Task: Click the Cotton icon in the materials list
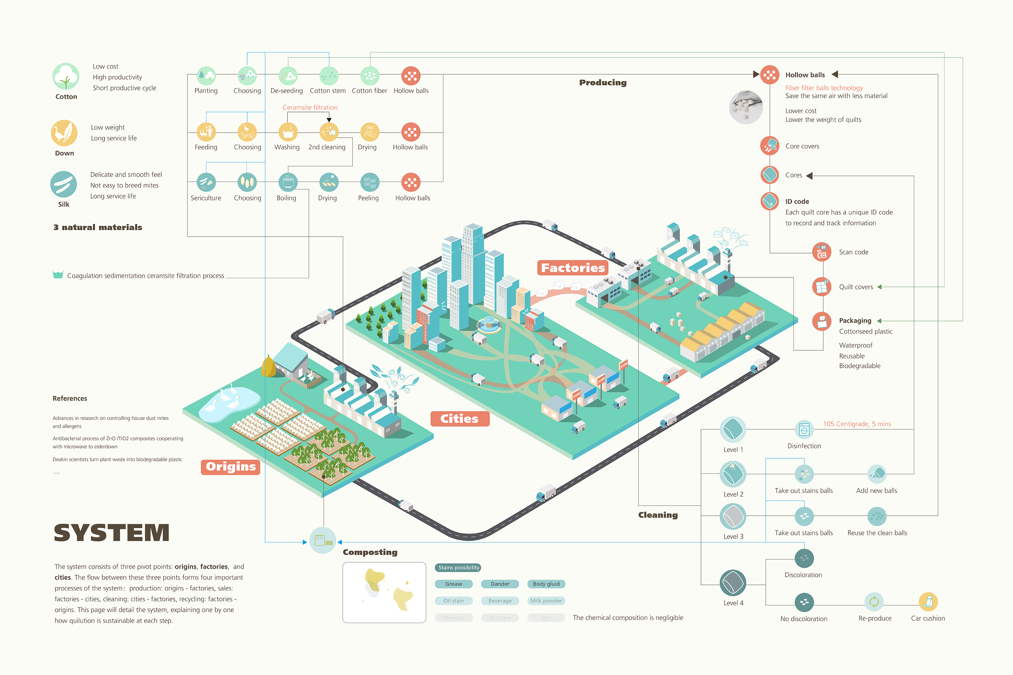tap(66, 77)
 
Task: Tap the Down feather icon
tap(64, 133)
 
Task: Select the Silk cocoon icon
tap(64, 184)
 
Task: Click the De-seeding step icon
tap(288, 76)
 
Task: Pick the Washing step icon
tap(288, 132)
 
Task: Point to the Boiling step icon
tap(288, 182)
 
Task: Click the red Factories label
tap(572, 268)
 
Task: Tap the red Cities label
tap(460, 418)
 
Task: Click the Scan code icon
tap(821, 252)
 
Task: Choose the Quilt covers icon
tap(821, 287)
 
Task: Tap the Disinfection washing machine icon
tap(804, 430)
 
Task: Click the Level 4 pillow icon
tap(733, 583)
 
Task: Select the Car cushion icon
tap(928, 601)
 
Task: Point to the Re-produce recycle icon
tap(874, 601)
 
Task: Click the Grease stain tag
tap(453, 584)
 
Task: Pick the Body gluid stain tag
tap(546, 584)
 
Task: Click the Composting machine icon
tap(322, 540)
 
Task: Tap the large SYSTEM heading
tap(111, 533)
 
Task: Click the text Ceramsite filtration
tap(310, 108)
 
